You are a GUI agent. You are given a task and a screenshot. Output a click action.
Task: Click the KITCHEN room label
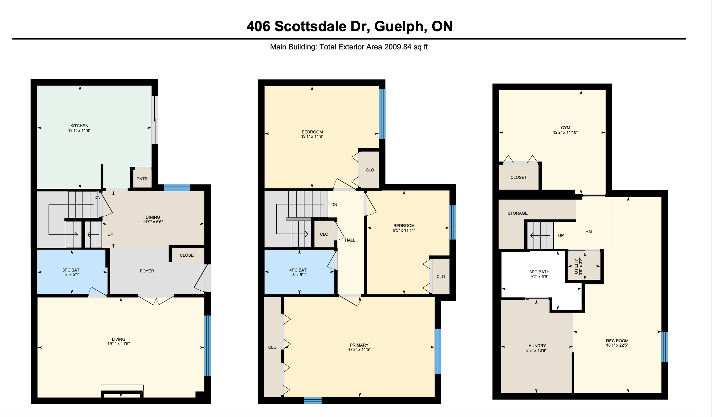(79, 126)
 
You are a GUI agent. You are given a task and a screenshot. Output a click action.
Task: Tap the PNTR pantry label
(142, 179)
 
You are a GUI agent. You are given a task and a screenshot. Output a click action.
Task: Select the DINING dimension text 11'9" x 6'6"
(153, 222)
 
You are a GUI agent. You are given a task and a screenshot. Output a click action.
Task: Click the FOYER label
(147, 271)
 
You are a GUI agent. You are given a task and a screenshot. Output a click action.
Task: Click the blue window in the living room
(208, 346)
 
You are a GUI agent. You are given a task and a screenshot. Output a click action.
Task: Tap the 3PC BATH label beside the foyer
(72, 270)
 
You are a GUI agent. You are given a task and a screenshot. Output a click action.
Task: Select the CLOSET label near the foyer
(188, 255)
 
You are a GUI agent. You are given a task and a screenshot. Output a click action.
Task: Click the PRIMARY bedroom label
(359, 345)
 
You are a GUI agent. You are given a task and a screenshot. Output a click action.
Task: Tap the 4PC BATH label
(299, 270)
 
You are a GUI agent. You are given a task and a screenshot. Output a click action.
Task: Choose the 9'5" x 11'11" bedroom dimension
(404, 230)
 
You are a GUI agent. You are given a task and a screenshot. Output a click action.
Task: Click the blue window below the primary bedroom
(313, 400)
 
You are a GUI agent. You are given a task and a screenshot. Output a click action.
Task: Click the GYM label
(565, 128)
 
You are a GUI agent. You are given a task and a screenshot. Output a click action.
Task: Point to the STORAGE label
(517, 213)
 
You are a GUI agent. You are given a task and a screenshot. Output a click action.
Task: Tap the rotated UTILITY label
(576, 266)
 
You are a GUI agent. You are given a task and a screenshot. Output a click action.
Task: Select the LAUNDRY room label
(536, 346)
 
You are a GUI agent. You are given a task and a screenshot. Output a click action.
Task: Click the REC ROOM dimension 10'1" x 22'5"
(617, 345)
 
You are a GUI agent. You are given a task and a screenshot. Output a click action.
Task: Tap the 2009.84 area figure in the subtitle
(398, 47)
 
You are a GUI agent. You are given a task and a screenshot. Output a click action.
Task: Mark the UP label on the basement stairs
(561, 235)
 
